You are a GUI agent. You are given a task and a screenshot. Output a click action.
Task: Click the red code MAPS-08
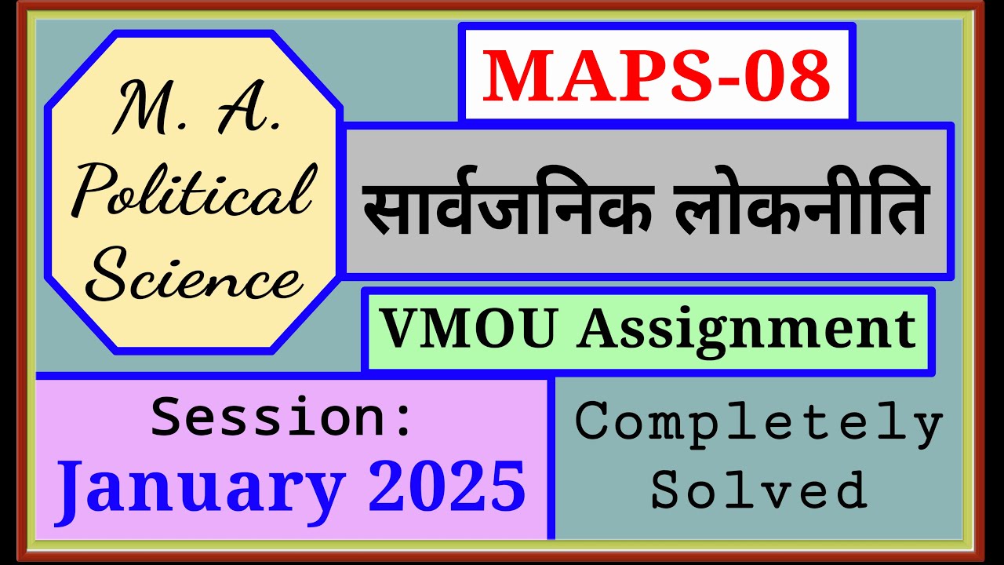[656, 77]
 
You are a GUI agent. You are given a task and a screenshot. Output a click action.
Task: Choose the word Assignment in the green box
[746, 330]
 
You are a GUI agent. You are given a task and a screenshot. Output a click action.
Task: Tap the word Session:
[282, 417]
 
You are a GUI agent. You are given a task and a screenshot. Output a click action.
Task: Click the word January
[201, 487]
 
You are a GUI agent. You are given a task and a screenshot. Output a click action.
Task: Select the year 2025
[447, 487]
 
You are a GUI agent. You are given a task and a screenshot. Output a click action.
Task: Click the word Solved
[758, 490]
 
